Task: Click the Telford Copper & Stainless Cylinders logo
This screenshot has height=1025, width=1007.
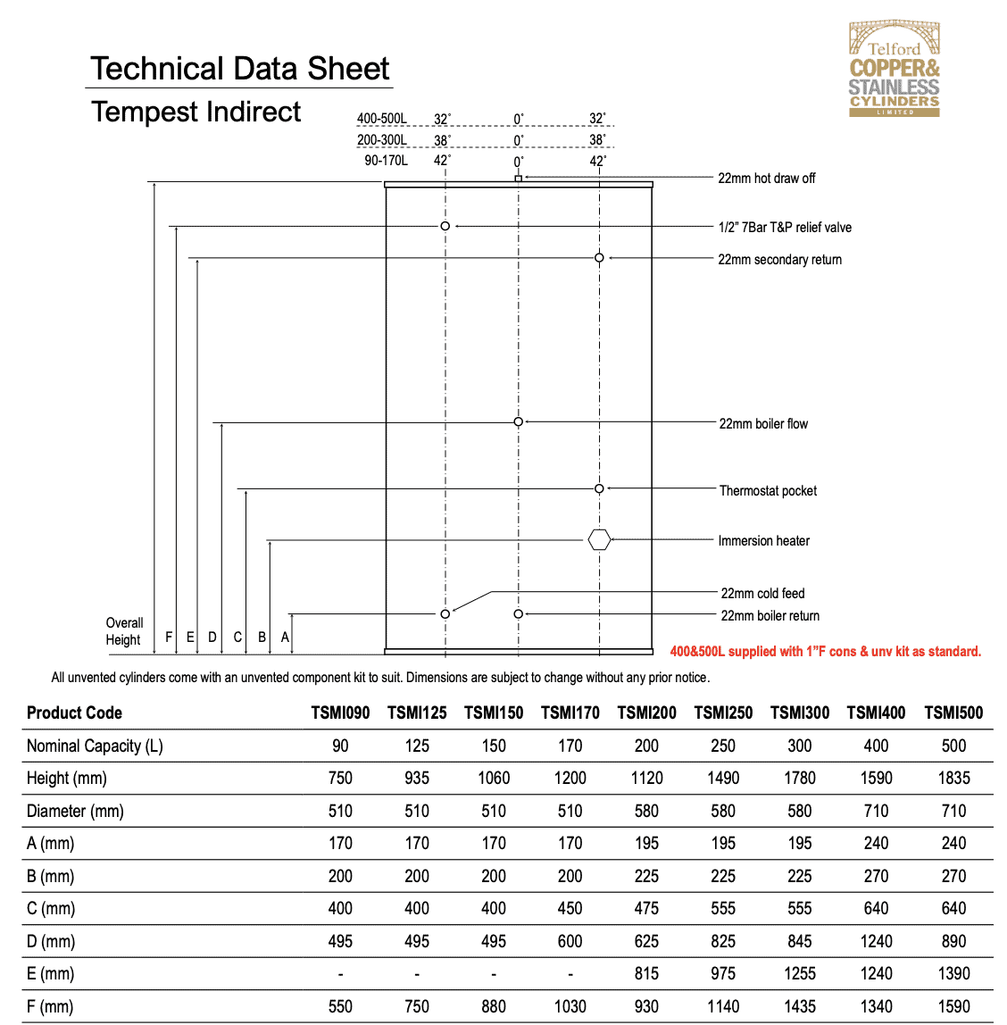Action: point(894,70)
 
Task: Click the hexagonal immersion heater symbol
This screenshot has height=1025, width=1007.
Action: point(599,539)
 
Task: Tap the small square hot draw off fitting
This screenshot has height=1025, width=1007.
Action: point(518,179)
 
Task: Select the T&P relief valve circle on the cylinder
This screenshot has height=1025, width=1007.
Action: point(445,226)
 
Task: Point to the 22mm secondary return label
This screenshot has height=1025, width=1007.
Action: point(779,260)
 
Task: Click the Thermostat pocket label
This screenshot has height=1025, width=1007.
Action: point(768,490)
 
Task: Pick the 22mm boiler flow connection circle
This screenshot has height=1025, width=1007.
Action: point(518,421)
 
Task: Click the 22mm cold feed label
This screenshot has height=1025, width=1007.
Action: point(762,593)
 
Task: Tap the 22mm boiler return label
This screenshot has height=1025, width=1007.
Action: point(770,615)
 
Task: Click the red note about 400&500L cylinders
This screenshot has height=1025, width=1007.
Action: point(825,652)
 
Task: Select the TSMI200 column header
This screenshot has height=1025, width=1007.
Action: point(646,712)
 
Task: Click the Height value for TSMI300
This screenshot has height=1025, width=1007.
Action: point(799,778)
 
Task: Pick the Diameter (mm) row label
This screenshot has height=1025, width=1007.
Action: point(75,811)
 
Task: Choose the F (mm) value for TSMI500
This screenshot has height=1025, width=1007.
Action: point(953,1006)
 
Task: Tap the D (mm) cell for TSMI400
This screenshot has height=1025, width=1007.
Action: point(876,941)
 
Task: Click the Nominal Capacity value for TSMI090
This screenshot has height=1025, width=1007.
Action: point(340,746)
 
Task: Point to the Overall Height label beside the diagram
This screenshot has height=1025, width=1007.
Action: point(124,630)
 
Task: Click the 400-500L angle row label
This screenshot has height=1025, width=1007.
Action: point(381,119)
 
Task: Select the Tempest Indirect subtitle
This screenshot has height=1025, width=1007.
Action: point(196,112)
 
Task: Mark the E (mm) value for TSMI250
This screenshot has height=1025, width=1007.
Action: point(723,973)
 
